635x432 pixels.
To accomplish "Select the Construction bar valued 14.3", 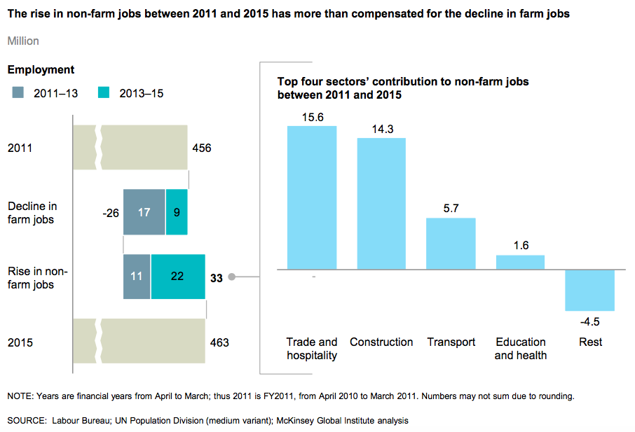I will pyautogui.click(x=381, y=203).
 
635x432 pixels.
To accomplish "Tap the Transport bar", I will pyautogui.click(x=451, y=244).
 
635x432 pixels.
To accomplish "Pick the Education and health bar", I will pyautogui.click(x=521, y=262).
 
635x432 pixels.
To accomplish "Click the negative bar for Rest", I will pyautogui.click(x=590, y=290).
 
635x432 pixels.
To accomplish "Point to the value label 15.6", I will pyautogui.click(x=313, y=118).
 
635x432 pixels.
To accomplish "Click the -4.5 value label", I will pyautogui.click(x=591, y=321).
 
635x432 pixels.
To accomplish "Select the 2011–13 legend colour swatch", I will pyautogui.click(x=19, y=92).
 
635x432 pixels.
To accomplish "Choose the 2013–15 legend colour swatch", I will pyautogui.click(x=104, y=92).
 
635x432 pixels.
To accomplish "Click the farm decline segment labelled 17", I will pyautogui.click(x=144, y=212).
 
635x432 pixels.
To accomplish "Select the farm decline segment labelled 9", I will pyautogui.click(x=177, y=212).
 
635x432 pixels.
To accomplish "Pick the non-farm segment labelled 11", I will pyautogui.click(x=137, y=277).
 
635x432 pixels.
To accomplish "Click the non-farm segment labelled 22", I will pyautogui.click(x=177, y=277).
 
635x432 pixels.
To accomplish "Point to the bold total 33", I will pyautogui.click(x=217, y=277).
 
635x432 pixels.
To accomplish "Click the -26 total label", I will pyautogui.click(x=110, y=212).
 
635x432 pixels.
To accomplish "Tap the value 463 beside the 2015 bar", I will pyautogui.click(x=219, y=343).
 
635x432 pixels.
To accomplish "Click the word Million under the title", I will pyautogui.click(x=23, y=41).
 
